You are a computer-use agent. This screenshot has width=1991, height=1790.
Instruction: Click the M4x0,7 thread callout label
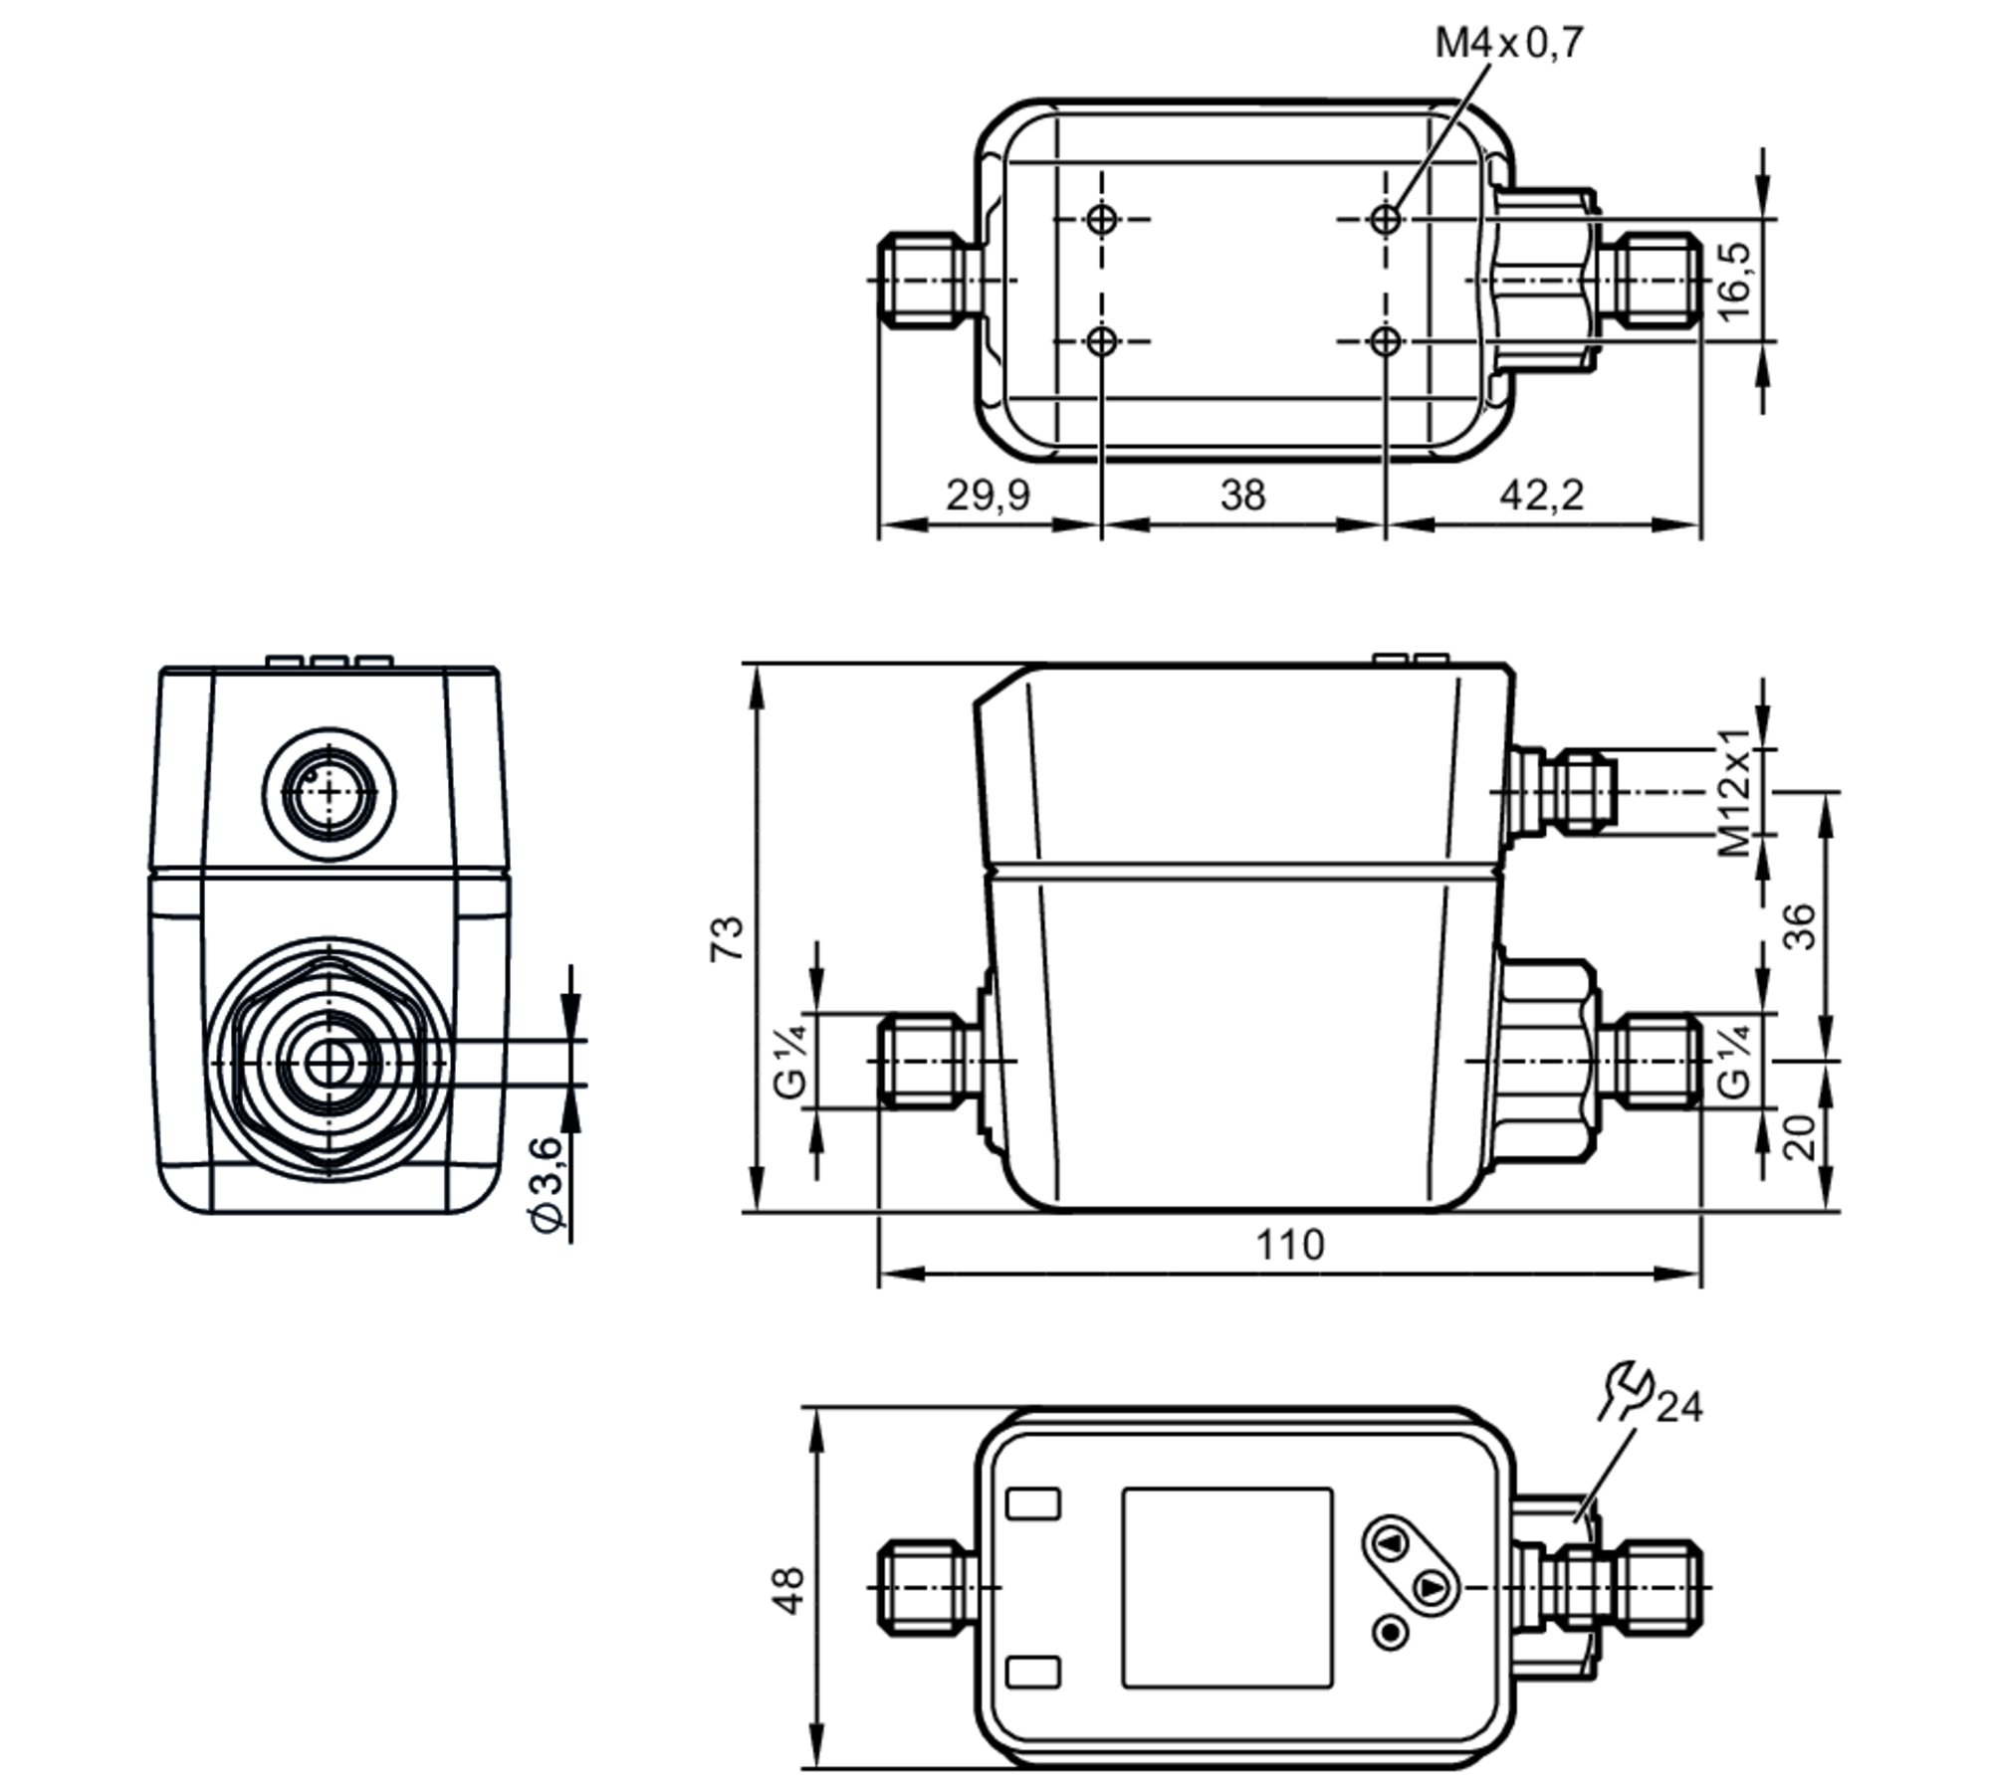pyautogui.click(x=1508, y=43)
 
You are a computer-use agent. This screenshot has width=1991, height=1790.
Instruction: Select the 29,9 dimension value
pyautogui.click(x=988, y=495)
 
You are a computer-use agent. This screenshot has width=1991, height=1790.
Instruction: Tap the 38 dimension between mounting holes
pyautogui.click(x=1242, y=495)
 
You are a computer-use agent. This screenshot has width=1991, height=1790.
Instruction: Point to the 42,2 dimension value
pyautogui.click(x=1541, y=495)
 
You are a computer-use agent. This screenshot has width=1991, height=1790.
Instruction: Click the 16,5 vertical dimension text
pyautogui.click(x=1733, y=280)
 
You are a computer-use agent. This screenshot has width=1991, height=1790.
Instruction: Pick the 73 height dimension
pyautogui.click(x=727, y=937)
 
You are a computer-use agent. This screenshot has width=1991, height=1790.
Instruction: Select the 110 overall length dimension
pyautogui.click(x=1290, y=1245)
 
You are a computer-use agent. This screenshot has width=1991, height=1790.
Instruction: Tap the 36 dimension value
pyautogui.click(x=1799, y=925)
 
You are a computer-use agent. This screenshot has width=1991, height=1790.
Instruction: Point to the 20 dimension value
pyautogui.click(x=1799, y=1137)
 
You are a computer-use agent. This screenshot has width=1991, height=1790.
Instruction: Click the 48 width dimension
pyautogui.click(x=789, y=1590)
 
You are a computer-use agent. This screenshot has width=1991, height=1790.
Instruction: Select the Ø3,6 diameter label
pyautogui.click(x=549, y=1183)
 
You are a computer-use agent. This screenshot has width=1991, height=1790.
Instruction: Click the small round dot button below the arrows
pyautogui.click(x=1391, y=1632)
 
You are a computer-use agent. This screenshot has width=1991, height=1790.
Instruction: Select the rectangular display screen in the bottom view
pyautogui.click(x=1227, y=1587)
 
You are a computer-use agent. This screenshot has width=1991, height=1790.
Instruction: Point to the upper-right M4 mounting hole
pyautogui.click(x=1385, y=219)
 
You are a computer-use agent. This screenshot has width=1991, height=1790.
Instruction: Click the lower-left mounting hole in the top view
pyautogui.click(x=1101, y=341)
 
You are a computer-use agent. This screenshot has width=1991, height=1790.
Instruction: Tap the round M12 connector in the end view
pyautogui.click(x=330, y=793)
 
